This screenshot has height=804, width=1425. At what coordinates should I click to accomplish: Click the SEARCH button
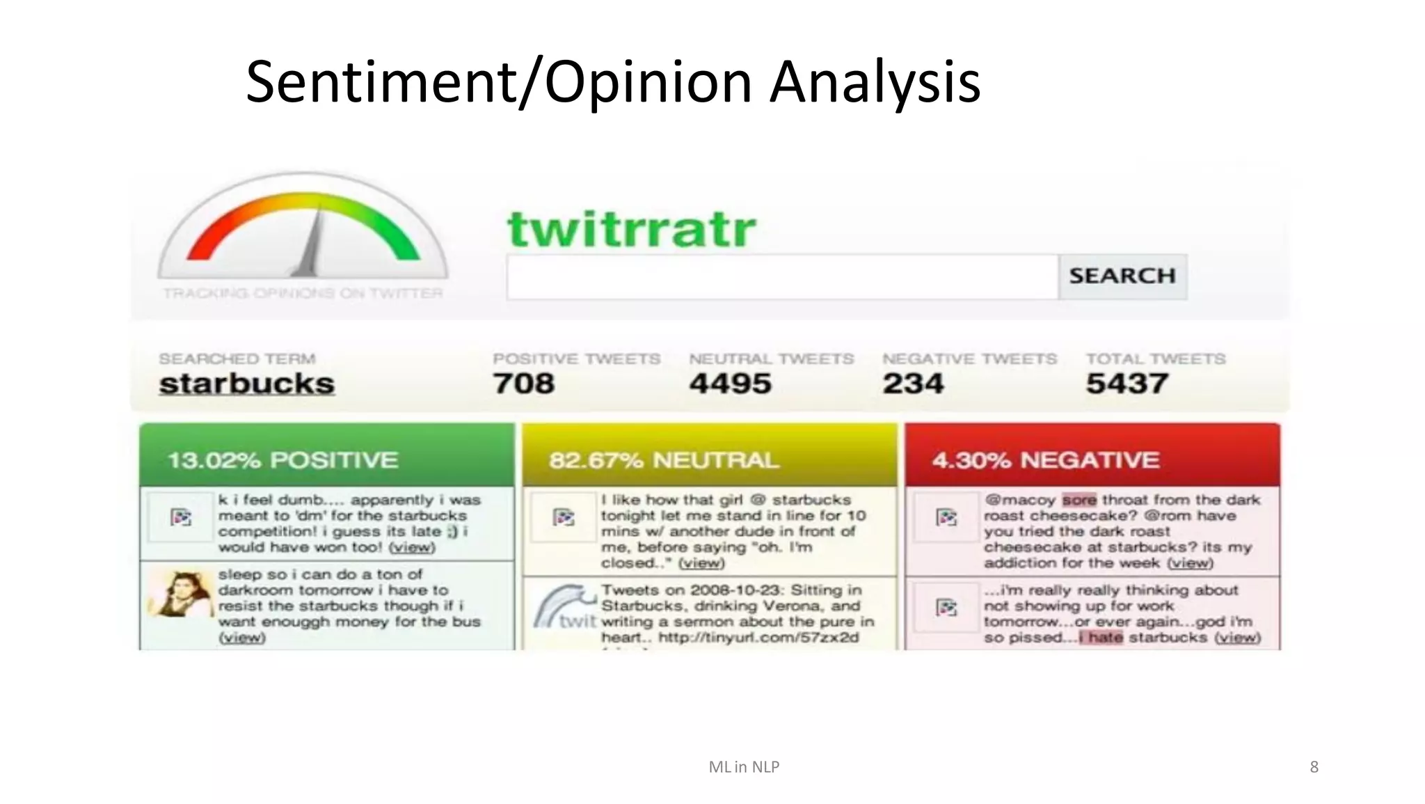(x=1122, y=276)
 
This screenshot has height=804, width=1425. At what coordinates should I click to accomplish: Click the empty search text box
(x=782, y=277)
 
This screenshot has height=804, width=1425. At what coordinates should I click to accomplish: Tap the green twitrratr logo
(x=631, y=229)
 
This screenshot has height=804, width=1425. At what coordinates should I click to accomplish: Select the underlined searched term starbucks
(x=246, y=384)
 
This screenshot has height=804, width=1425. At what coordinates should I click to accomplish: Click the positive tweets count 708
(x=523, y=384)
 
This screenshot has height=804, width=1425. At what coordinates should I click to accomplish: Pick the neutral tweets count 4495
(x=730, y=384)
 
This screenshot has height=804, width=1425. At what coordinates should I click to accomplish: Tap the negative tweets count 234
(x=913, y=384)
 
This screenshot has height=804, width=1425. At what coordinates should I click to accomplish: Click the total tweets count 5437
(x=1127, y=384)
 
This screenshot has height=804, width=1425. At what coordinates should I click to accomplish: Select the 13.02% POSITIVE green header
(x=326, y=459)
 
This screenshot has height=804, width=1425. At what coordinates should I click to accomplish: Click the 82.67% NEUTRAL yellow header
(x=709, y=459)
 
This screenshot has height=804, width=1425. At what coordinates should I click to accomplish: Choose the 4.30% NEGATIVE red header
(x=1092, y=459)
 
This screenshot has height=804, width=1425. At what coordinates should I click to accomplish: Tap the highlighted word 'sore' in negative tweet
(x=1078, y=500)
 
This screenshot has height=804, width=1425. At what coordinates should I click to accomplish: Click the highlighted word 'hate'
(x=1104, y=638)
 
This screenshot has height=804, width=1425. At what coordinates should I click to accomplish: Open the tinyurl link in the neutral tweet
(x=758, y=638)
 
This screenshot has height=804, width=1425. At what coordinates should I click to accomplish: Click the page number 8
(x=1314, y=766)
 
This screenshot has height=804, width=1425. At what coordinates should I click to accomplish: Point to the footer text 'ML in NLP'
(x=743, y=766)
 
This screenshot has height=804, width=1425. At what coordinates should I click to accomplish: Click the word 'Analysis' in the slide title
(x=875, y=82)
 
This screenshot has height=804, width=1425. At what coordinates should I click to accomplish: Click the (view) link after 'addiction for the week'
(x=1190, y=562)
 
